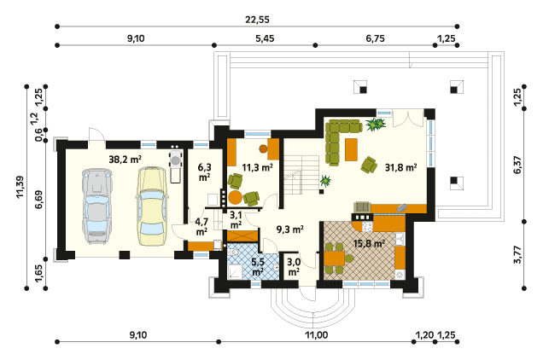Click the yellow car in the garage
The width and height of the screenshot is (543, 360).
[x=151, y=206]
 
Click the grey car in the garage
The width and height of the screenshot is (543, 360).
[x=97, y=206]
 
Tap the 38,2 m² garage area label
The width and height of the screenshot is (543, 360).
[x=125, y=160]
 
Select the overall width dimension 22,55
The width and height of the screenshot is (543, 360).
[x=257, y=20]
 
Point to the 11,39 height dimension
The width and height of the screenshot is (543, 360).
[x=20, y=187]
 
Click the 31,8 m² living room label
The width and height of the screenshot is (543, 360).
[x=400, y=167]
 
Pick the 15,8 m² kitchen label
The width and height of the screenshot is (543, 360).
[x=369, y=243]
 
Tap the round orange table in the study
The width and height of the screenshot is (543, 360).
[x=236, y=197]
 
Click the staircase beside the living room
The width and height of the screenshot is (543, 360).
[x=301, y=175]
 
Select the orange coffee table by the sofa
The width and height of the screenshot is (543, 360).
[x=351, y=149]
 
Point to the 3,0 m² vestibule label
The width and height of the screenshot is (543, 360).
[x=294, y=267]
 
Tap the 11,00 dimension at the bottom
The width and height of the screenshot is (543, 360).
[x=316, y=335]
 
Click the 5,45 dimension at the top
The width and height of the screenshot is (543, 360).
[x=265, y=38]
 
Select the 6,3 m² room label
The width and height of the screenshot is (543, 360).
[x=204, y=172]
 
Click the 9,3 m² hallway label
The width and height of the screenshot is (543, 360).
[x=290, y=229]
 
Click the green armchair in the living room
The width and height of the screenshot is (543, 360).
[x=369, y=165]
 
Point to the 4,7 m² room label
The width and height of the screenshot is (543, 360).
[x=201, y=226]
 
